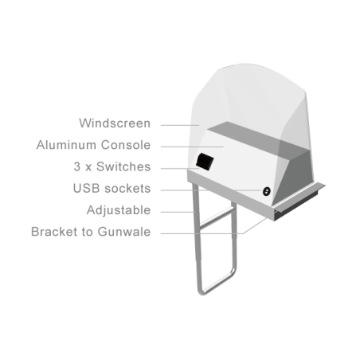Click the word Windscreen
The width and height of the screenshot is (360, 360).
click(x=115, y=123)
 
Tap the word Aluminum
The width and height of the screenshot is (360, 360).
click(x=66, y=145)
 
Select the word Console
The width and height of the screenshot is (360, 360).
click(x=126, y=145)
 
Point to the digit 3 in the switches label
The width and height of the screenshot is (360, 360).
click(x=76, y=166)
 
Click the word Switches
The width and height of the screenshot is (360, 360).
click(x=123, y=166)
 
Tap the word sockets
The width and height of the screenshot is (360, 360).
click(x=127, y=189)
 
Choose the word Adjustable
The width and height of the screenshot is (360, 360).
click(x=119, y=210)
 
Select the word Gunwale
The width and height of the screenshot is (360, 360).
click(x=124, y=232)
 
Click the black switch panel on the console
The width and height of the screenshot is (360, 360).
click(x=205, y=162)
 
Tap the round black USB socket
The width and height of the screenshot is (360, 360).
click(x=266, y=191)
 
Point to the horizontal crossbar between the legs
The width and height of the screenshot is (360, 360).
click(x=217, y=218)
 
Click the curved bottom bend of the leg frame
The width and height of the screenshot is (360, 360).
click(x=203, y=292)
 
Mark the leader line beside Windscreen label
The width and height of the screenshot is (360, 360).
click(x=180, y=125)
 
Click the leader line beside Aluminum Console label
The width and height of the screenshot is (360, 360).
click(x=192, y=147)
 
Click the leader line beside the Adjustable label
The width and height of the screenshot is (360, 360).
click(x=178, y=212)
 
